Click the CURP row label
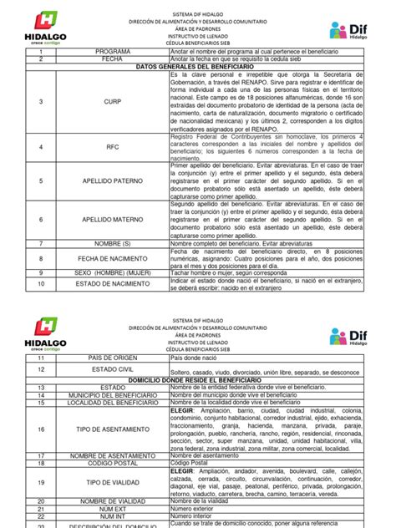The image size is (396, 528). click(113, 102)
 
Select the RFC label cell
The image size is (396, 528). click(113, 146)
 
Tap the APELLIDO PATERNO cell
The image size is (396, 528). click(113, 180)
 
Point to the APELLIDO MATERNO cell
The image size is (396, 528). click(113, 219)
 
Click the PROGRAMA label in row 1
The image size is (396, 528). click(113, 51)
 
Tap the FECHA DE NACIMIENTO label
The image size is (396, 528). click(113, 260)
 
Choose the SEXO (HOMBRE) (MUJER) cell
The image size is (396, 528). click(113, 273)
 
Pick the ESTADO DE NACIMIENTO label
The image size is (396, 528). click(113, 285)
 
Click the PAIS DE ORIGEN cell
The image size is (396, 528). click(113, 357)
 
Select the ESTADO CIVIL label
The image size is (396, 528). click(113, 368)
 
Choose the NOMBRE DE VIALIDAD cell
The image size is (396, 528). click(113, 499)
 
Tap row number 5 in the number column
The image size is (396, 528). click(39, 180)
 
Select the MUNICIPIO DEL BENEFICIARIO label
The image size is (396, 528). click(113, 395)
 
